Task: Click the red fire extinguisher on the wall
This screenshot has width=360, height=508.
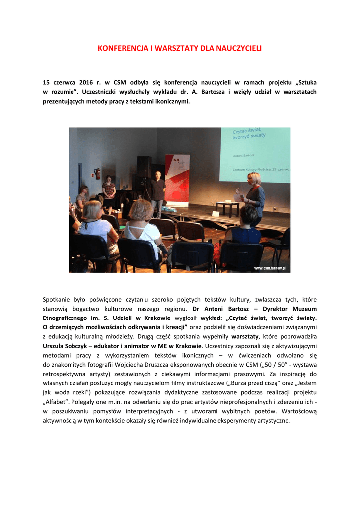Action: pos(98,173)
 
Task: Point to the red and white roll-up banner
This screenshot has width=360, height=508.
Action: pos(177,179)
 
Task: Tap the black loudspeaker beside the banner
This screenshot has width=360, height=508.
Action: pos(144,166)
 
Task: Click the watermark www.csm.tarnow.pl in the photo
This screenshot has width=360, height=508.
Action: pos(272,268)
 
